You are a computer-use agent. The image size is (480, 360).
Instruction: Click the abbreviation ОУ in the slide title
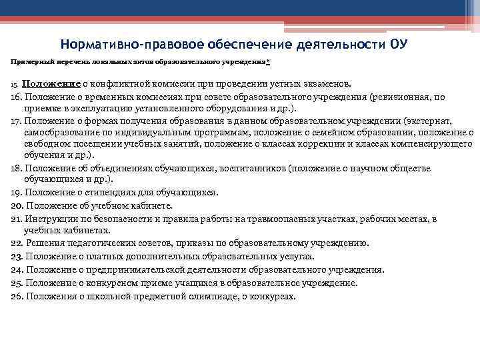[x=397, y=45]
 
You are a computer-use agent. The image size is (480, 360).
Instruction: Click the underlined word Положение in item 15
[x=51, y=85]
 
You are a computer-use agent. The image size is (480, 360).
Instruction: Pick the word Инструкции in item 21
[x=51, y=218]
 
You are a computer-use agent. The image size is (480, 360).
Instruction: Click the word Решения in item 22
[x=44, y=243]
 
